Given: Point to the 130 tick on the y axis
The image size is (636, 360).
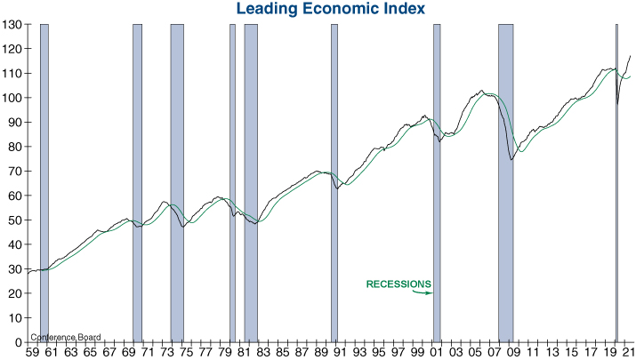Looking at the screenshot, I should [12, 24].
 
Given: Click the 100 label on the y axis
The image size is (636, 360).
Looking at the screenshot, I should [12, 98].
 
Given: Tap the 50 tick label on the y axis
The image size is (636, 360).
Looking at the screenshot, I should [15, 220].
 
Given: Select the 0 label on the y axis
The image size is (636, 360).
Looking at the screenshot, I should [19, 342].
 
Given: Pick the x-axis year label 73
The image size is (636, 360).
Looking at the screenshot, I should [166, 352].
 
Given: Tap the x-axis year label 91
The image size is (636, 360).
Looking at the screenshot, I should [338, 352].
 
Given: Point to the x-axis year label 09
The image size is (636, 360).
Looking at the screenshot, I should [510, 352].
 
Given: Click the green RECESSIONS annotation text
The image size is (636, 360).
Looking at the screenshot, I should [399, 284].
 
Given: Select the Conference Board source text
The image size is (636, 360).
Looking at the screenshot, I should [66, 338].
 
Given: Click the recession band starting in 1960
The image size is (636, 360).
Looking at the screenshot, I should [44, 178].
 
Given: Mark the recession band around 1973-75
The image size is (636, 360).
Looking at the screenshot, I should [177, 178].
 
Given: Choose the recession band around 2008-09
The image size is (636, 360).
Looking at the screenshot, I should [505, 178].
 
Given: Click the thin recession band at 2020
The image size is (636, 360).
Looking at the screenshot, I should [616, 178].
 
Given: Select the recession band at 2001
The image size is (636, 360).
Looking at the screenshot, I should [437, 178].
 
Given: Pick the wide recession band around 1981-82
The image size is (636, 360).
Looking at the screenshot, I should [251, 178].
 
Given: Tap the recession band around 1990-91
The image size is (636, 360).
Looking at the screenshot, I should [334, 178].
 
